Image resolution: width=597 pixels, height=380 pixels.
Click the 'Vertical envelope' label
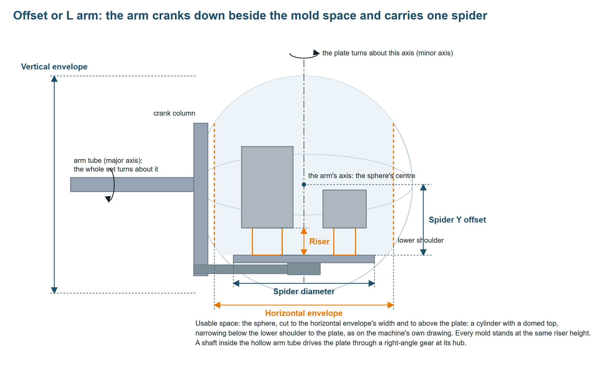[54, 67]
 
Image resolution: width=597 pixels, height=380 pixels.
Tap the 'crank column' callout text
[174, 113]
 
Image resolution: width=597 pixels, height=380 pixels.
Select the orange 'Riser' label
[319, 241]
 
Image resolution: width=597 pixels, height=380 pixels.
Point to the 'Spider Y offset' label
[457, 220]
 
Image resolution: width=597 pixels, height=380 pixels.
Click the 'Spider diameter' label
[304, 291]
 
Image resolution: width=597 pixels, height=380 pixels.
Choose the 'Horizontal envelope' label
[304, 313]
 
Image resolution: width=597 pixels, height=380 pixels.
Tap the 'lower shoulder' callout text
[421, 240]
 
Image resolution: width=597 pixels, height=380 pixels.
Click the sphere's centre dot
[304, 185]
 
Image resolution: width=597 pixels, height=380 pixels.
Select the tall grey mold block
[267, 187]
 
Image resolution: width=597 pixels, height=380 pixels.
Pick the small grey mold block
[345, 209]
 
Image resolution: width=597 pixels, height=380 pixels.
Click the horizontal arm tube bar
[132, 185]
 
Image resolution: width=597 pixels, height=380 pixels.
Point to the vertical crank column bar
[201, 199]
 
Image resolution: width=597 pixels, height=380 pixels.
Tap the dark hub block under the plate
[304, 269]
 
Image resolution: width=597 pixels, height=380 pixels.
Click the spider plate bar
[304, 259]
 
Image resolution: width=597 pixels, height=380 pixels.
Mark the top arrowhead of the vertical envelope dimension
[54, 79]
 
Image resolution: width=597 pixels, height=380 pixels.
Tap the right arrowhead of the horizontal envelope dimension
[390, 305]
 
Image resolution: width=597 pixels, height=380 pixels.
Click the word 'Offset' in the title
[31, 15]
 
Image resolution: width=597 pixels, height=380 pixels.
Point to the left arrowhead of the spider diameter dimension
[236, 283]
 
